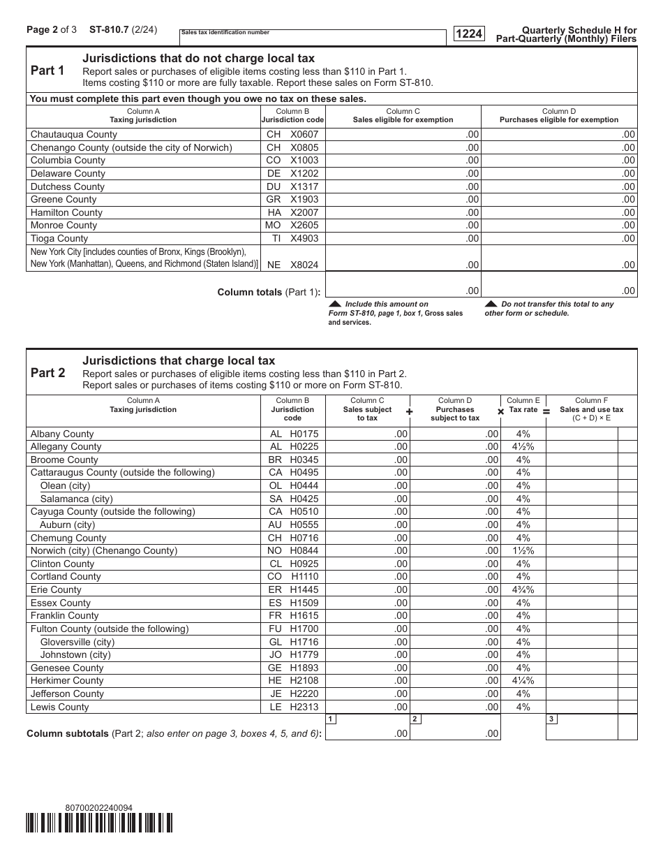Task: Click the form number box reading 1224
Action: pos(470,34)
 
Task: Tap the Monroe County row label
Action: pos(64,225)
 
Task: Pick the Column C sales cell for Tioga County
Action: pos(403,238)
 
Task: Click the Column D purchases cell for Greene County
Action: pos(559,199)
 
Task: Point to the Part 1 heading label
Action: pos(47,71)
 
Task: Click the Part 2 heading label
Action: pos(47,373)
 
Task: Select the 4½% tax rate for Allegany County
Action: pos(523,446)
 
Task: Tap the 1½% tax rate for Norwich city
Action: pos(523,550)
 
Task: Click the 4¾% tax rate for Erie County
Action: pos(523,589)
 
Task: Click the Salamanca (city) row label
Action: pos(76,499)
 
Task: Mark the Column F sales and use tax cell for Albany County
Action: pos(582,434)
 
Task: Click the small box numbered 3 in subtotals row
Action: pos(551,719)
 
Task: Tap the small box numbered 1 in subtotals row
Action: pos(331,719)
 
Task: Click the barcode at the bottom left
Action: pos(99,824)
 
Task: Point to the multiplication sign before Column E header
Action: pos(500,412)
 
